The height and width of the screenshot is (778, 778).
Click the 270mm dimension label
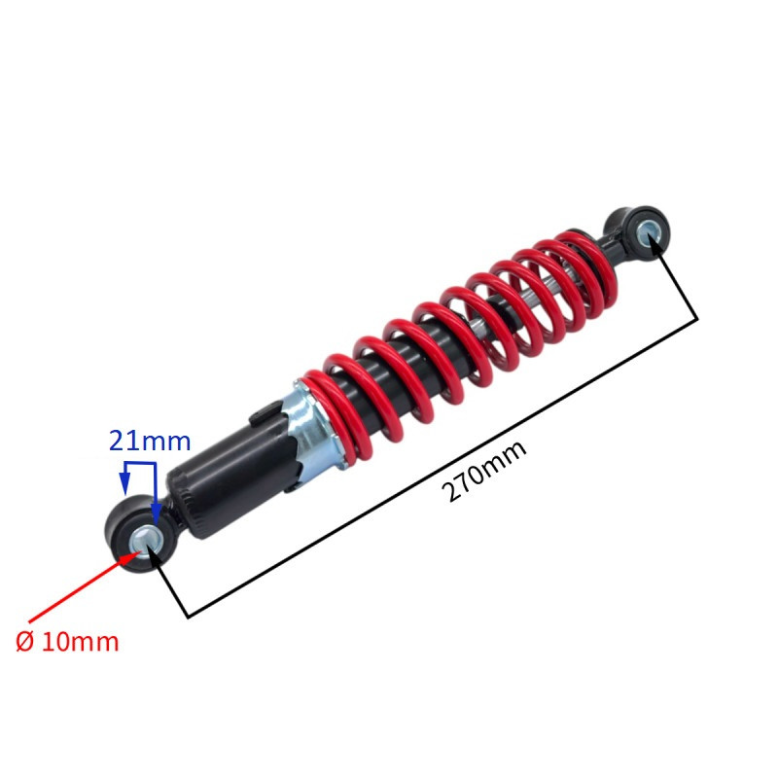tap(483, 471)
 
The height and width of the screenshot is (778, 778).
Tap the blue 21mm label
tap(150, 442)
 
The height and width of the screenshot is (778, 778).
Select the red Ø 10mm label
tap(67, 642)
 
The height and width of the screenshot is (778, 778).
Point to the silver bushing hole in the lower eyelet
tap(147, 542)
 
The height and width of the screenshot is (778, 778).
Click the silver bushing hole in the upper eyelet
tap(650, 234)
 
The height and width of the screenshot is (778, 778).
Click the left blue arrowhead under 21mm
tap(125, 482)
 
